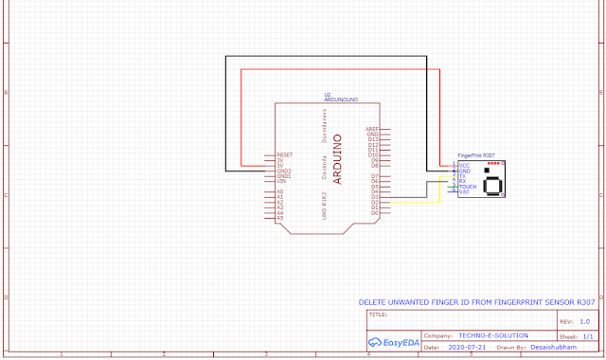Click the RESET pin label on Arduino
pyautogui.click(x=284, y=154)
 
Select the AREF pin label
pyautogui.click(x=372, y=128)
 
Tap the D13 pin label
pyautogui.click(x=373, y=139)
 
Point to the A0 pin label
pyautogui.click(x=280, y=192)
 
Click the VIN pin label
pyautogui.click(x=281, y=181)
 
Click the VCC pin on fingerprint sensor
pyautogui.click(x=464, y=165)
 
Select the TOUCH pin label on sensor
pyautogui.click(x=468, y=187)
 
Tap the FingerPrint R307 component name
pyautogui.click(x=476, y=154)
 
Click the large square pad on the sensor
pyautogui.click(x=492, y=185)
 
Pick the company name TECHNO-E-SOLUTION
pyautogui.click(x=492, y=335)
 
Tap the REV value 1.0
pyautogui.click(x=583, y=322)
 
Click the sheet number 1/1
pyautogui.click(x=587, y=335)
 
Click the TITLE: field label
pyautogui.click(x=377, y=313)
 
